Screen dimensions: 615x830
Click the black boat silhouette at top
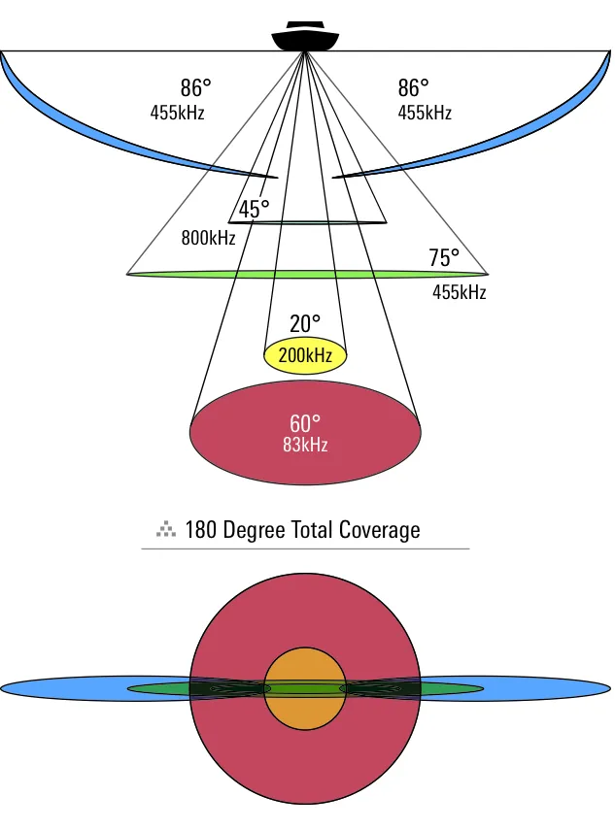pyautogui.click(x=305, y=36)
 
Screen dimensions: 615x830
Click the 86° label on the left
pyautogui.click(x=195, y=88)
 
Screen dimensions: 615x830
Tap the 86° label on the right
pyautogui.click(x=413, y=88)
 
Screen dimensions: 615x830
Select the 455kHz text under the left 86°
pyautogui.click(x=177, y=113)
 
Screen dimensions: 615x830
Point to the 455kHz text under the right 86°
pyautogui.click(x=425, y=113)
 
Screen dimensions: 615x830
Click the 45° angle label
pyautogui.click(x=254, y=209)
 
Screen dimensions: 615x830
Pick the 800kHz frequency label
pyautogui.click(x=208, y=238)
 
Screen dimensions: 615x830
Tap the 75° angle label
pyautogui.click(x=444, y=258)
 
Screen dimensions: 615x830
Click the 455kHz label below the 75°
pyautogui.click(x=460, y=292)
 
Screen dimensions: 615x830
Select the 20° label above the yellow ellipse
pyautogui.click(x=305, y=324)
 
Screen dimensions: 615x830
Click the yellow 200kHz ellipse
pyautogui.click(x=305, y=355)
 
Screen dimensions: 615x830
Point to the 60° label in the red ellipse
pyautogui.click(x=305, y=423)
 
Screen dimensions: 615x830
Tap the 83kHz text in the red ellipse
pyautogui.click(x=305, y=445)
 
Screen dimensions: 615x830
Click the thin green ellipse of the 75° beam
pyautogui.click(x=307, y=274)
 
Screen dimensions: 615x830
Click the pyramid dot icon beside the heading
pyautogui.click(x=166, y=529)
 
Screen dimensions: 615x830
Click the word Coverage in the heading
pyautogui.click(x=379, y=530)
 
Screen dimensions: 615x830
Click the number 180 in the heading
pyautogui.click(x=201, y=530)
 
